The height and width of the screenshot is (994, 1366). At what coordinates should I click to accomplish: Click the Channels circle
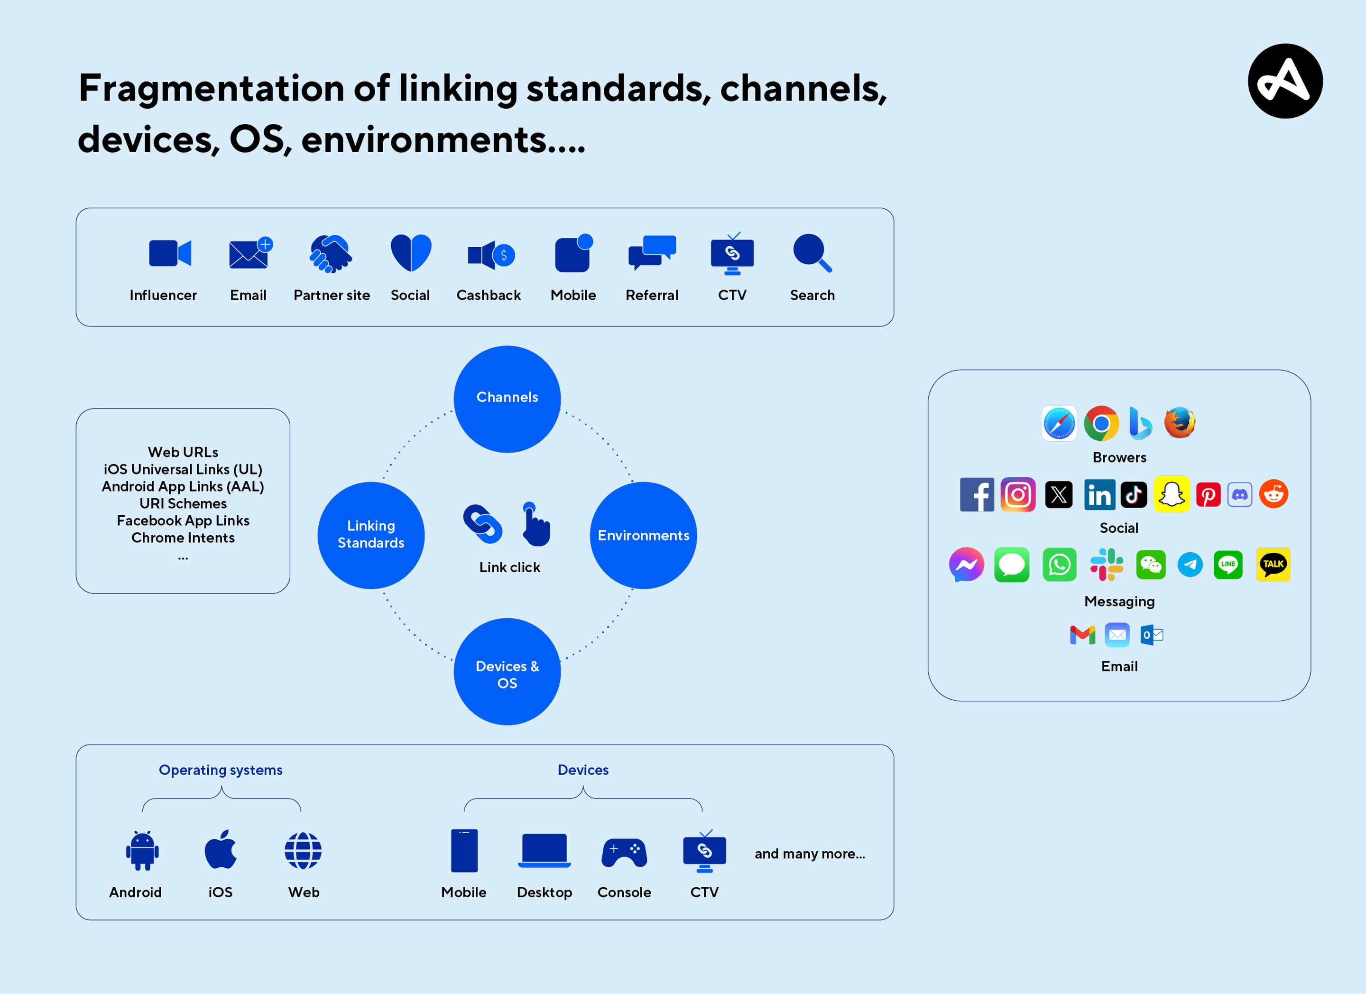(507, 399)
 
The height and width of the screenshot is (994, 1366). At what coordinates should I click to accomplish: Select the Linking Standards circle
(371, 535)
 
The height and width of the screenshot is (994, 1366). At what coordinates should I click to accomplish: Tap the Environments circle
(643, 535)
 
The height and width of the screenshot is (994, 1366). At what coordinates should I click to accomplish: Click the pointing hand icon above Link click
(535, 525)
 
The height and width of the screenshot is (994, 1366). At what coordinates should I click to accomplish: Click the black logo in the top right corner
(1285, 81)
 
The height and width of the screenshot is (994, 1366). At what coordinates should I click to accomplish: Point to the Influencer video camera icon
(170, 253)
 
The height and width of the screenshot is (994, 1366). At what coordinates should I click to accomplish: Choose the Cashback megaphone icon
(490, 255)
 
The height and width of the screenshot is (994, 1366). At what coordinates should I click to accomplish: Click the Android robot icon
(142, 851)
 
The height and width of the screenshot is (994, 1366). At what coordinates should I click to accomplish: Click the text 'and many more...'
(810, 854)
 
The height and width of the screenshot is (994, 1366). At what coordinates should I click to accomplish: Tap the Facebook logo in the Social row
(977, 494)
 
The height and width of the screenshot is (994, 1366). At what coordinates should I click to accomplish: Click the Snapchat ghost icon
(1172, 494)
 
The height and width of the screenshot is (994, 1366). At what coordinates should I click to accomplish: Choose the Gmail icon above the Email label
(1082, 635)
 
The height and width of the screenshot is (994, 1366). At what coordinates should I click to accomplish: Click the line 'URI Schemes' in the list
(183, 503)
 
